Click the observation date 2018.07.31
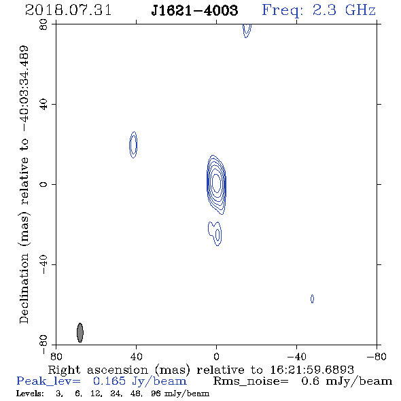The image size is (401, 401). point(68,10)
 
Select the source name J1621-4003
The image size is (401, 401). point(194,10)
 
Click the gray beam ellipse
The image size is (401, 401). point(80,332)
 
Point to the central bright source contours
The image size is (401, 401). point(216,184)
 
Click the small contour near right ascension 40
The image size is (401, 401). point(133,145)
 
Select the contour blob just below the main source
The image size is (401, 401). point(215,233)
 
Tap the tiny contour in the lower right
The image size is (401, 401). point(312,298)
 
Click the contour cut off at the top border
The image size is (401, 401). point(247,31)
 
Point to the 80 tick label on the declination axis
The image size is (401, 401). point(43,24)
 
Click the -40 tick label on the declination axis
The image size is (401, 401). point(43,264)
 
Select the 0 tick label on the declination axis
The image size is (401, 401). point(43,184)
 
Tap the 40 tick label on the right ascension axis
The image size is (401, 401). point(137,356)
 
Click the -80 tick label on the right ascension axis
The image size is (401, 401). point(377,356)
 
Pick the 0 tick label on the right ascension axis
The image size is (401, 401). point(217,356)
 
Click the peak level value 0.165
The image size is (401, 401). point(109,381)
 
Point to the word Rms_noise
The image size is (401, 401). point(251,381)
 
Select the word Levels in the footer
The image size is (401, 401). point(30,394)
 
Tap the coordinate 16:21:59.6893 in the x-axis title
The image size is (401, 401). point(312,370)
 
